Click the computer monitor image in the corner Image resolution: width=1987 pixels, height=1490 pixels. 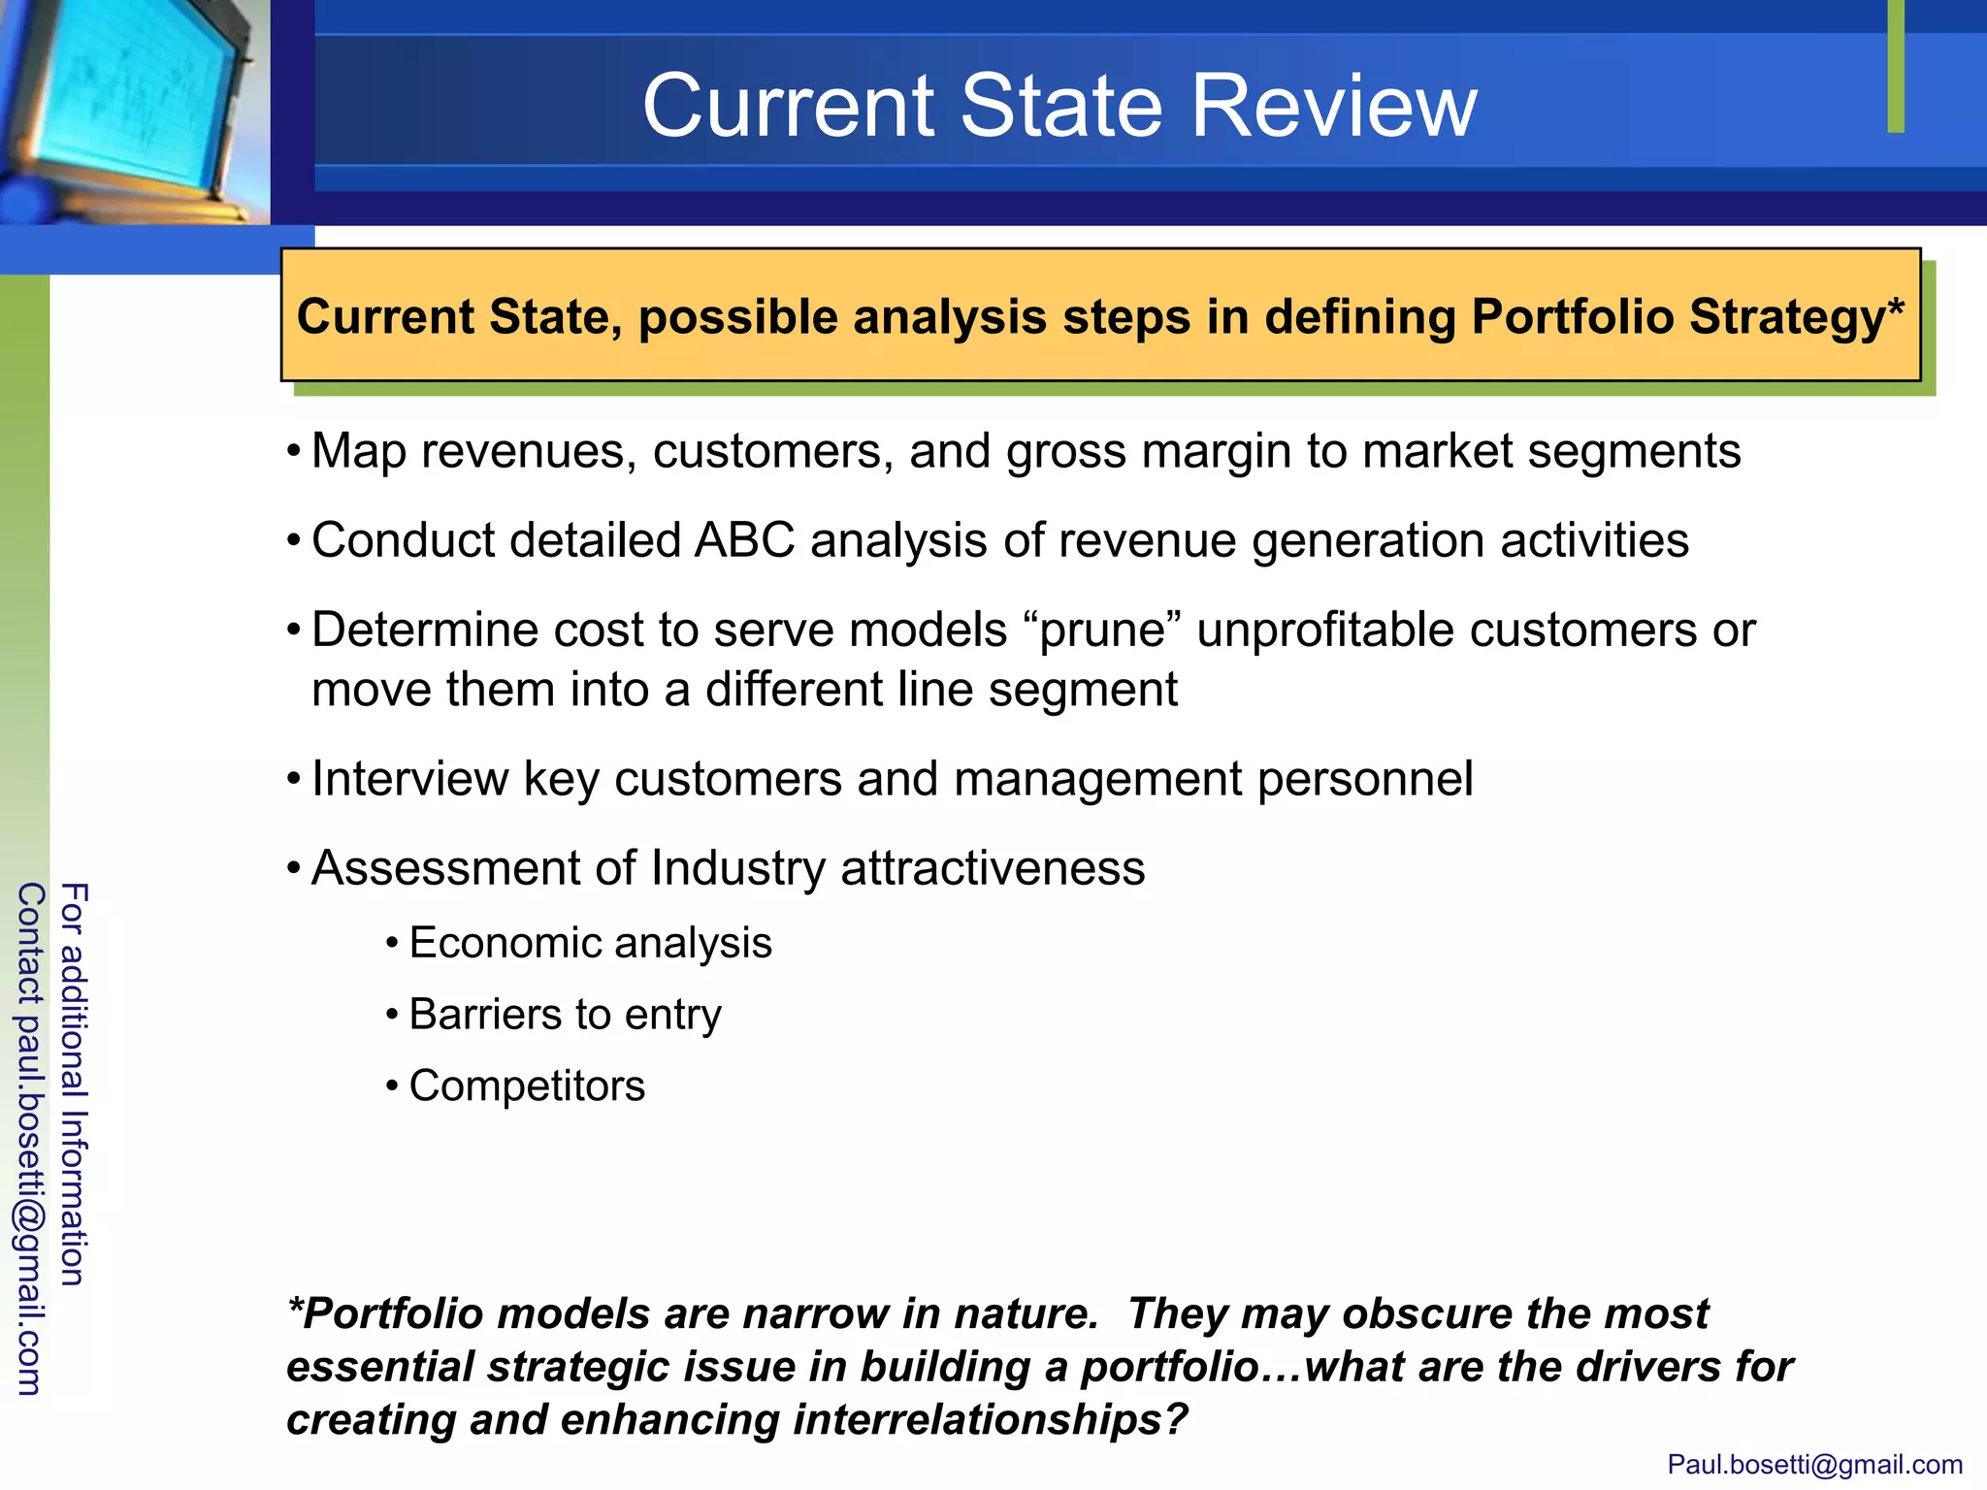[131, 107]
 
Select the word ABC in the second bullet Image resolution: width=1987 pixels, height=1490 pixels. [744, 540]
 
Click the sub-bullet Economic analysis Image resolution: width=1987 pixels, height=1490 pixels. [590, 943]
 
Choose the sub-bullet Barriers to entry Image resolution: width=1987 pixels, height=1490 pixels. [565, 1015]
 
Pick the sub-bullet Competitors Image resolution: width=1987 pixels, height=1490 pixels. [527, 1085]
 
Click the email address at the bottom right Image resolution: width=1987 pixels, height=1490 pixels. [1814, 1464]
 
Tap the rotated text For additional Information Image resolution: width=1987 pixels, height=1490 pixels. [74, 1084]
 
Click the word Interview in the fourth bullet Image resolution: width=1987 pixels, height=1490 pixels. [408, 779]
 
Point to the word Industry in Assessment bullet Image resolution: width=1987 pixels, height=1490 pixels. [737, 868]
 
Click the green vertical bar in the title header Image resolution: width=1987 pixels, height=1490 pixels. [1896, 66]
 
